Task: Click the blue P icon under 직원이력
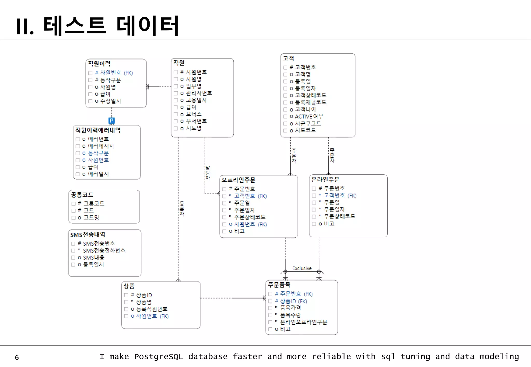[111, 121]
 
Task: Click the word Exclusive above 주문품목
[302, 268]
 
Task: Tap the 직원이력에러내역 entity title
[98, 130]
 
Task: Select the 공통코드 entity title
[82, 195]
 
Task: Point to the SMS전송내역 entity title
[88, 235]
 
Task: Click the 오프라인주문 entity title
[239, 180]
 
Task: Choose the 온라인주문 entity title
[325, 179]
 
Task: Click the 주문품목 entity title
[279, 285]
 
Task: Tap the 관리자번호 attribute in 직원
[199, 93]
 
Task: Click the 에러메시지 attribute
[101, 146]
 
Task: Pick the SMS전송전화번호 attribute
[104, 251]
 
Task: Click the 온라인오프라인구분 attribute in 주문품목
[304, 322]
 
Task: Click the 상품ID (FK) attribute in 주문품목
[294, 301]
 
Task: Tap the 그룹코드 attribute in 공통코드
[94, 203]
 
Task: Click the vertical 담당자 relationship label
[208, 173]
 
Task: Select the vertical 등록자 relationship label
[182, 208]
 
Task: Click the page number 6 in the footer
[17, 357]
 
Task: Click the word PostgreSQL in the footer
[158, 357]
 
